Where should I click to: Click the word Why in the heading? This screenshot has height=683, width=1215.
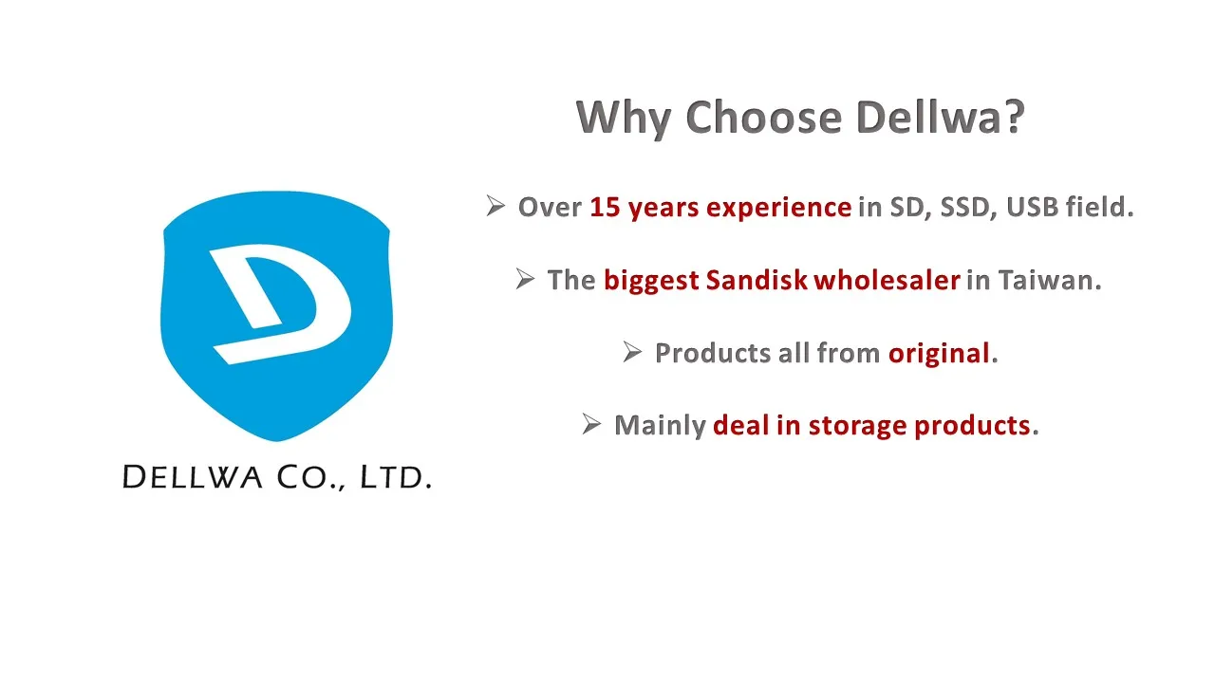[624, 119]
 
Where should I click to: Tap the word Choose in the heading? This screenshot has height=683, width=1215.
[764, 118]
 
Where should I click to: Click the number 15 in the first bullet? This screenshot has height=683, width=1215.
[605, 208]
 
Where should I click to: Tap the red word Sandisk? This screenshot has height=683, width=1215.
[757, 280]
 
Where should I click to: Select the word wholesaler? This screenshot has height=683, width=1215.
[887, 280]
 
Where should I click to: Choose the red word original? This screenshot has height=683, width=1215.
[939, 355]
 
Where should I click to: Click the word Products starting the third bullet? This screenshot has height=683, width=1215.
[713, 354]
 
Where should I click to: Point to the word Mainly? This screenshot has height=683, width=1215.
[660, 427]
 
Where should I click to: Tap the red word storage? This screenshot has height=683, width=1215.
[857, 426]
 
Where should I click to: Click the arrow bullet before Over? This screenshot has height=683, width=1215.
[495, 206]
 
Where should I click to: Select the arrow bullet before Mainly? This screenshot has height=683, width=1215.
[591, 424]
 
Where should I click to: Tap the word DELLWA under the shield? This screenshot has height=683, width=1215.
[193, 477]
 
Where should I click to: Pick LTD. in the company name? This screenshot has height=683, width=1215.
[396, 477]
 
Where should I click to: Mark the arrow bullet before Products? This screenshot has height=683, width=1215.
[632, 352]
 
